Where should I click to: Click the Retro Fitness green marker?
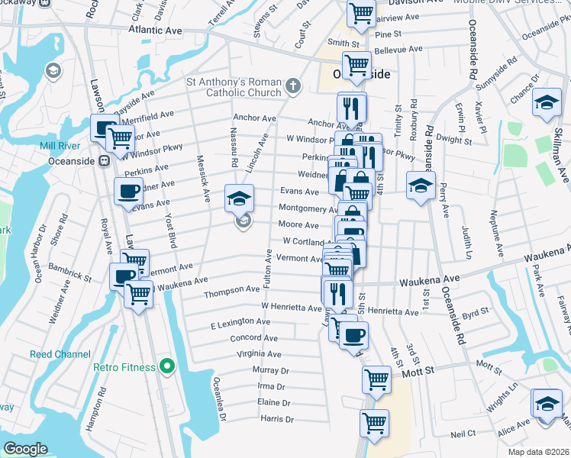click(x=170, y=367)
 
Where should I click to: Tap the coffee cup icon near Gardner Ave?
click(x=128, y=190)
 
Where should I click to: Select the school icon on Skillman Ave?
click(x=547, y=104)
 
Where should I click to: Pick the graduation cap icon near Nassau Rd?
click(x=239, y=198)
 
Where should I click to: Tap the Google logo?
click(x=25, y=449)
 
